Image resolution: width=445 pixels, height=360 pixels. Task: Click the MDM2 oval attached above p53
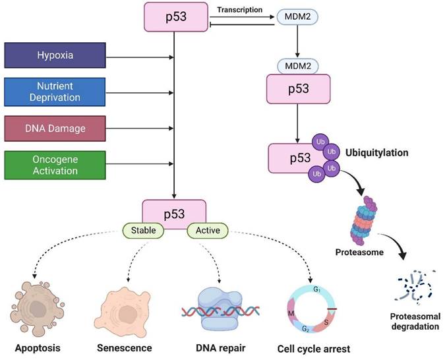pos(298,67)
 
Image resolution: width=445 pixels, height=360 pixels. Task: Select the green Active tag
pos(208,231)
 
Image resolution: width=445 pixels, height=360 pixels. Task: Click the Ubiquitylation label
pos(378,152)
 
